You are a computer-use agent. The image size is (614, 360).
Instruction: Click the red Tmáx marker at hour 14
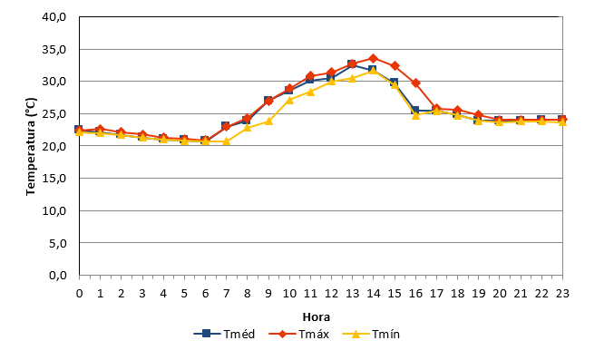[373, 59]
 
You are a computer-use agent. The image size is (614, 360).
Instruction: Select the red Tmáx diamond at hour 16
[415, 83]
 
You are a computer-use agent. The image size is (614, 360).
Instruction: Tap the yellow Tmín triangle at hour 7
[226, 141]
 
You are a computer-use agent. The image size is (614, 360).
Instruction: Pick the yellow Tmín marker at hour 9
[268, 121]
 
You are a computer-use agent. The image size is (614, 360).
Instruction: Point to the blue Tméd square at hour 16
[414, 111]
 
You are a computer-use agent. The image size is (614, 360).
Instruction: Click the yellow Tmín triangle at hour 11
[310, 92]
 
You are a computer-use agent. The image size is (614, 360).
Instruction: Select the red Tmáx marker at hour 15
[395, 66]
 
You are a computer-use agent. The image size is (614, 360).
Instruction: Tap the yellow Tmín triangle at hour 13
[353, 78]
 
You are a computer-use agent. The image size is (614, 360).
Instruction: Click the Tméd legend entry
[224, 334]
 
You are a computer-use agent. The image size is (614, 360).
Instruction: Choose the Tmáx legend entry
[298, 334]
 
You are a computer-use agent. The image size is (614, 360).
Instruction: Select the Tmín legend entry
[371, 334]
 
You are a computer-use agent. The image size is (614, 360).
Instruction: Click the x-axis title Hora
[317, 316]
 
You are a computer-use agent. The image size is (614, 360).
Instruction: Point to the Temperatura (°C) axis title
[31, 147]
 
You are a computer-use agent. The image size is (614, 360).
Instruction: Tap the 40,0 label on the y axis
[54, 17]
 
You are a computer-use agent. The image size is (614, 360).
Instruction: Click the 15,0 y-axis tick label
[54, 179]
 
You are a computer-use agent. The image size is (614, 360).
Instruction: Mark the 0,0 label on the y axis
[57, 276]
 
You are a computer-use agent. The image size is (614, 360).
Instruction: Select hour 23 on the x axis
[562, 294]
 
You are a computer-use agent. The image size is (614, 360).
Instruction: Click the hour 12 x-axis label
[331, 294]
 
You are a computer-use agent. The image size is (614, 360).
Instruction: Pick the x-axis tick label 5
[184, 294]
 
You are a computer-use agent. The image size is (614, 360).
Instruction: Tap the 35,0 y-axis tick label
[54, 50]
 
